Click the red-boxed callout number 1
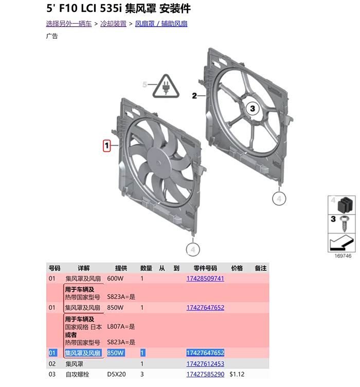[106, 146]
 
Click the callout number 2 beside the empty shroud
[194, 96]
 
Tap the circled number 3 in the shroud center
[253, 109]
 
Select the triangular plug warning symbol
[166, 86]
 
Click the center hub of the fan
[158, 163]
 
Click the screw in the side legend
[344, 223]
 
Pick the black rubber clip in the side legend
[345, 205]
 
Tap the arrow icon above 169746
[341, 242]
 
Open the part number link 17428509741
[205, 278]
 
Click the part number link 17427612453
[205, 363]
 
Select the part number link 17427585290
[205, 374]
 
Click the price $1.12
[237, 374]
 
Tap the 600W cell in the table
[115, 278]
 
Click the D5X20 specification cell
[116, 374]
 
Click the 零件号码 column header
[205, 268]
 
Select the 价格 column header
[237, 268]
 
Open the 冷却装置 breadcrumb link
[113, 24]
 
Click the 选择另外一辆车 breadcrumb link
[69, 24]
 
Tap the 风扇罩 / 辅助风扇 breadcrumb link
[161, 24]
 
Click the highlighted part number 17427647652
[205, 353]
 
